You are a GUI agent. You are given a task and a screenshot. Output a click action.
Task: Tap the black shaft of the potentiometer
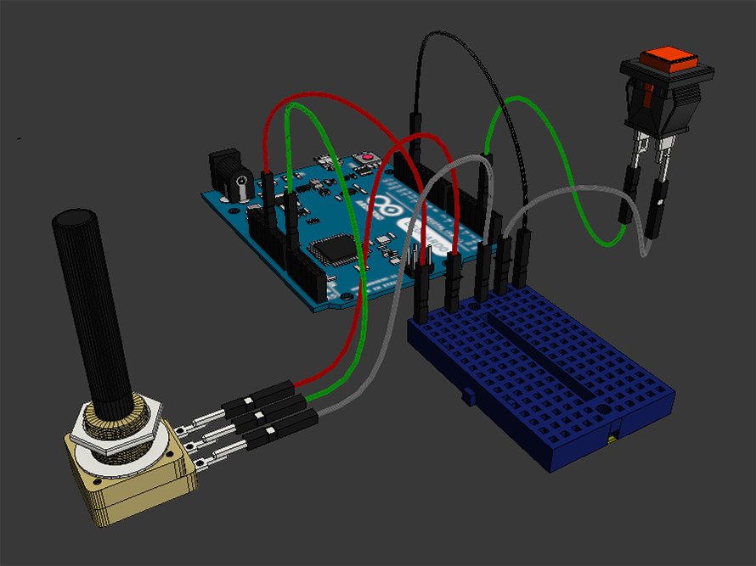click(88, 305)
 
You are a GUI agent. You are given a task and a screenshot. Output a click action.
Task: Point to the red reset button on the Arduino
click(367, 158)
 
